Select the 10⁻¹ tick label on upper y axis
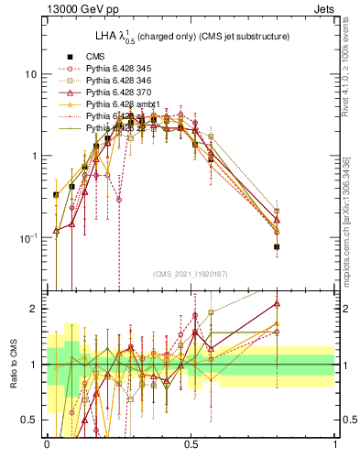(30, 238)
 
